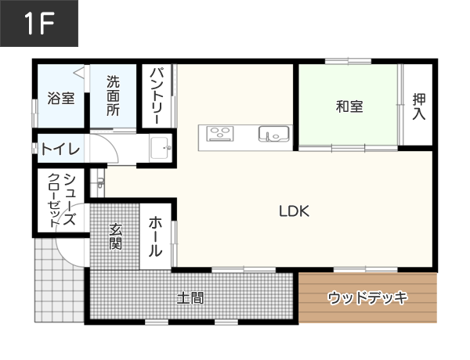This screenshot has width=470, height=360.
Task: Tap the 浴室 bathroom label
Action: tap(60, 99)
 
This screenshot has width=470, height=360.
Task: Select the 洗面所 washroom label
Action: tap(114, 96)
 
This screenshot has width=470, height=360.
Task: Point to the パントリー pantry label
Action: tap(156, 97)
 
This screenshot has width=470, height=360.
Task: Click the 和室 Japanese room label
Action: tap(349, 106)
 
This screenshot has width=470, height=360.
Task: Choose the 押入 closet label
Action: tap(418, 106)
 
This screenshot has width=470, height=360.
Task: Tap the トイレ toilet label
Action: tap(60, 148)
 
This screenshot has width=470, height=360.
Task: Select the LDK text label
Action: tap(295, 211)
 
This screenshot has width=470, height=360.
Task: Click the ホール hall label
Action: tap(155, 236)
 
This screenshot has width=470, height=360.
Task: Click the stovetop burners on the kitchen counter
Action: tap(220, 134)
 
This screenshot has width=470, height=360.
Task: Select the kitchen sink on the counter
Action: tap(273, 135)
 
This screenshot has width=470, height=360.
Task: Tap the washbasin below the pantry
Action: tap(160, 146)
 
